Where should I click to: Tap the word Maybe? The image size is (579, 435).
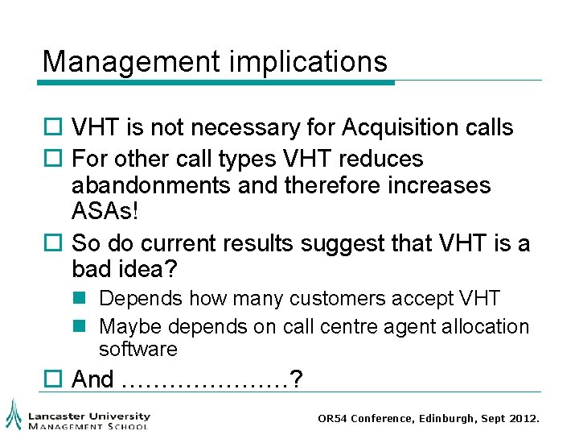pyautogui.click(x=128, y=326)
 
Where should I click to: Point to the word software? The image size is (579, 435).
pyautogui.click(x=138, y=349)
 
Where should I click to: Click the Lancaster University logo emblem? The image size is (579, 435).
pyautogui.click(x=14, y=413)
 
